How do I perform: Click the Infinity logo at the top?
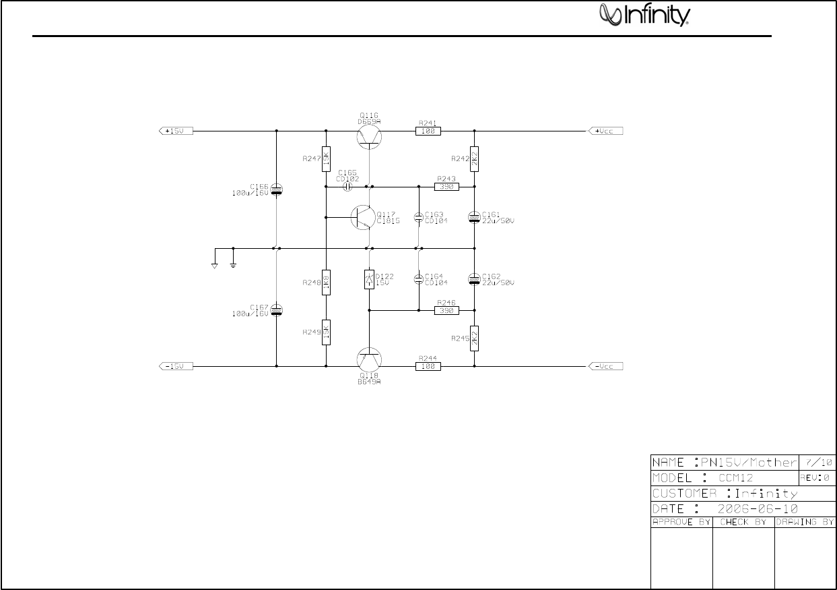[644, 15]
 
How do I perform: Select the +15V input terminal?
[176, 131]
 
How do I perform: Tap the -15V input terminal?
[176, 366]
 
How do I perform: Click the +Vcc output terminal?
[606, 131]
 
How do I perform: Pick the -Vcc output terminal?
[606, 366]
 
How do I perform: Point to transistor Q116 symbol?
[369, 136]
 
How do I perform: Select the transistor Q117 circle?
[364, 217]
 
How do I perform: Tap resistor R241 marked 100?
[428, 131]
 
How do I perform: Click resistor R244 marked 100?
[428, 366]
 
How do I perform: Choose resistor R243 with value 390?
[446, 187]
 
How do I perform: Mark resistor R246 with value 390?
[446, 311]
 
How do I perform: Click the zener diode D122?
[369, 279]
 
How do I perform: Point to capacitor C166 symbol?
[276, 190]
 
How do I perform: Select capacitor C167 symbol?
[276, 310]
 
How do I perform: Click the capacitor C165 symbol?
[348, 187]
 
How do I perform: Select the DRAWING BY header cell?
[805, 522]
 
